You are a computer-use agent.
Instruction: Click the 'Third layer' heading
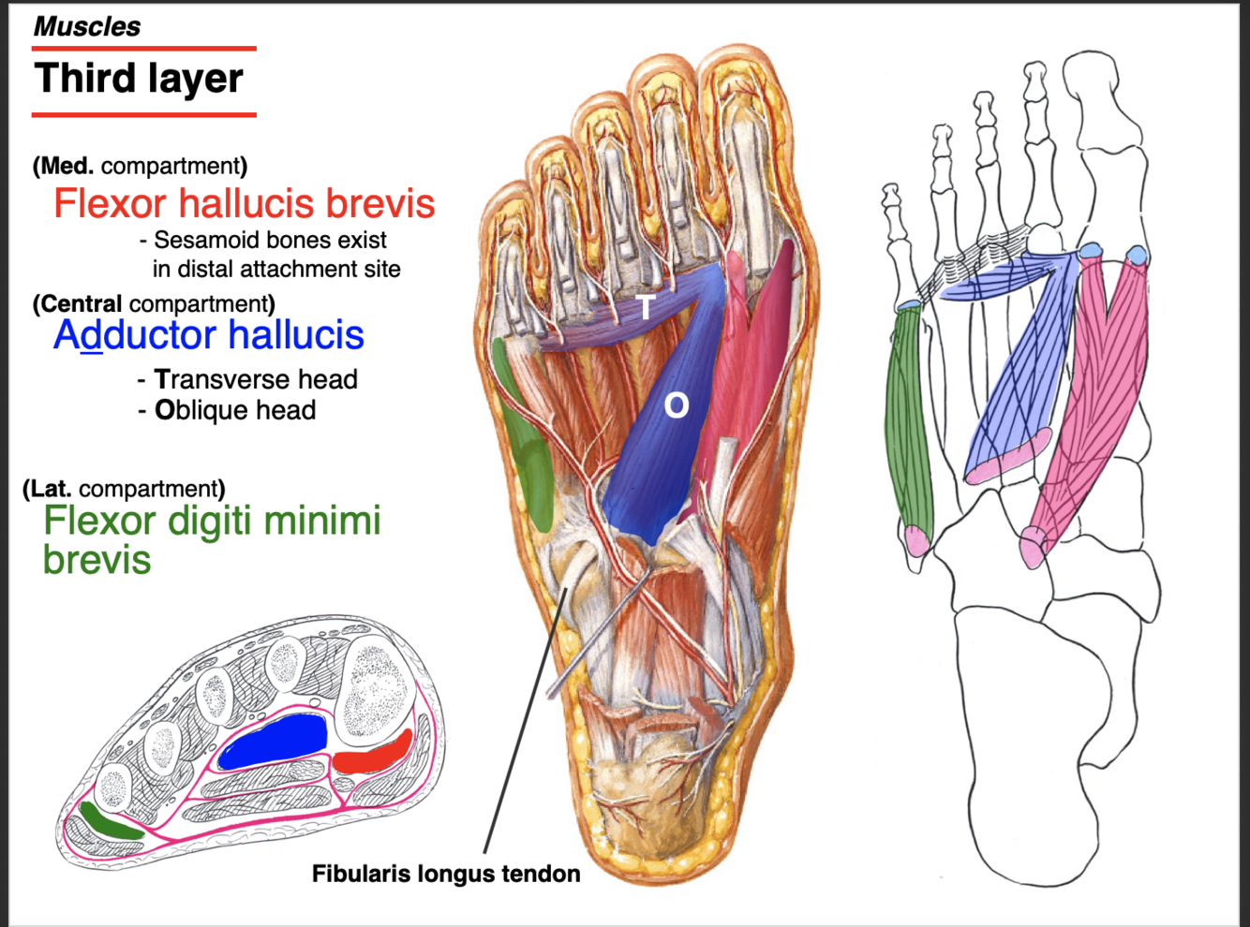click(x=139, y=79)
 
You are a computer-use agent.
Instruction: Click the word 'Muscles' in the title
click(x=87, y=26)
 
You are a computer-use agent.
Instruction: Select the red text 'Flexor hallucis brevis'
click(x=244, y=203)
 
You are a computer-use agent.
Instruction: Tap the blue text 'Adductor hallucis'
click(x=209, y=335)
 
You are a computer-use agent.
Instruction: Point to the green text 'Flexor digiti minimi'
click(x=212, y=521)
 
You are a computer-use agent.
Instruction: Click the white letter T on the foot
click(x=646, y=306)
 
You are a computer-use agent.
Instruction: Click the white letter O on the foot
click(x=677, y=405)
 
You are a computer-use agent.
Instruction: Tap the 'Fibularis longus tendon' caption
click(x=446, y=874)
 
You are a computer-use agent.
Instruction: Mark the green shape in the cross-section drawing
click(x=110, y=821)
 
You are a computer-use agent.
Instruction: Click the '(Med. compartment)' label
click(x=140, y=166)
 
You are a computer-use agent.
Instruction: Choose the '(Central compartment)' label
click(x=154, y=303)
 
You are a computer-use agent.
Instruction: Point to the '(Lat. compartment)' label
click(x=124, y=489)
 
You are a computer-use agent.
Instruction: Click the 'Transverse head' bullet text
click(x=255, y=379)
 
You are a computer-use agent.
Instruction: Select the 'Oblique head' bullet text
click(x=234, y=410)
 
